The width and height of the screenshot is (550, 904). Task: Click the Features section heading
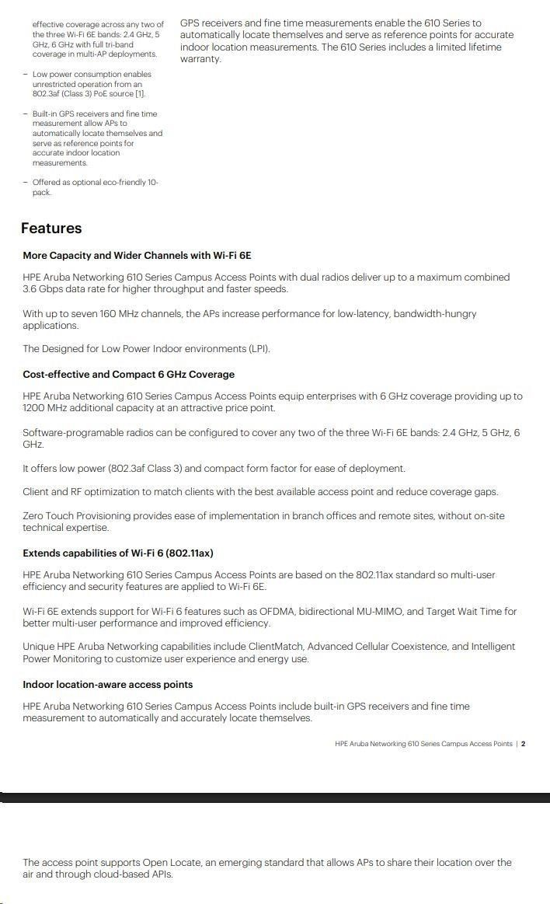(x=51, y=229)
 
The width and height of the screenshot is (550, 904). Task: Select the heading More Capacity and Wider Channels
(x=137, y=256)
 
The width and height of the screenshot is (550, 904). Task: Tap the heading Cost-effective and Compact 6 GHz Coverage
(x=128, y=375)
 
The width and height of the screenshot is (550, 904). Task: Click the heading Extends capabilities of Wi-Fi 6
(x=117, y=553)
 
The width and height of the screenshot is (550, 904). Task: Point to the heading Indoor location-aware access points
(x=107, y=685)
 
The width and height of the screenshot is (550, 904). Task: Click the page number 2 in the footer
(x=524, y=744)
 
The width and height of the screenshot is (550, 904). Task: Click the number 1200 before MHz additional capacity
(x=36, y=408)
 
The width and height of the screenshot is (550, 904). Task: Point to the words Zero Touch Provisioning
(x=78, y=516)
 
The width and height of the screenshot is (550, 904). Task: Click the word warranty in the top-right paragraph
(x=200, y=59)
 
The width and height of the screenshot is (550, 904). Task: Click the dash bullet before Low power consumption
(x=26, y=75)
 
